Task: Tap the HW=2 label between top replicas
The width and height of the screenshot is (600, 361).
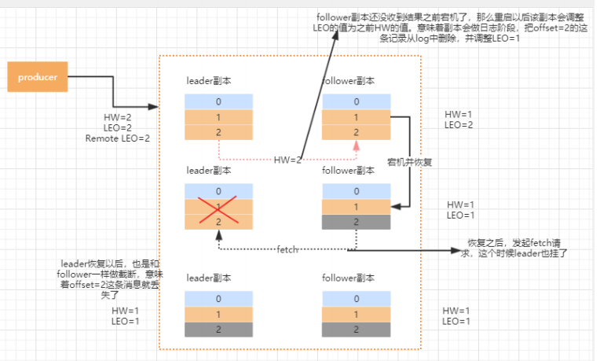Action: click(x=287, y=160)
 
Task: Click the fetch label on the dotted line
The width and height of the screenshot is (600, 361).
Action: click(x=287, y=249)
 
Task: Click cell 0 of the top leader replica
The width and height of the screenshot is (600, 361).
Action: click(x=219, y=101)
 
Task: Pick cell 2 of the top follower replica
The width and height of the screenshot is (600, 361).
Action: click(x=356, y=132)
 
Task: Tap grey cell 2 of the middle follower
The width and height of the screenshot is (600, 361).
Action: click(x=356, y=223)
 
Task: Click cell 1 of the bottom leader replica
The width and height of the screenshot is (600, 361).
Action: click(x=219, y=314)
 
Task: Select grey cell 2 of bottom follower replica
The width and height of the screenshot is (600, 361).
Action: click(x=356, y=329)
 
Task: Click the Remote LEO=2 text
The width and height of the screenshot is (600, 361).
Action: click(x=118, y=138)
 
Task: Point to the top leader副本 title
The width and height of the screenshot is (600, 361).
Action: click(x=209, y=81)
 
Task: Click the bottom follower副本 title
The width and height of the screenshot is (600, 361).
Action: click(x=349, y=278)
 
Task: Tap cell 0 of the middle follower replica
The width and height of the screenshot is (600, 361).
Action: click(x=356, y=191)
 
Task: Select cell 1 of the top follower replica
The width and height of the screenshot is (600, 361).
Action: click(x=356, y=117)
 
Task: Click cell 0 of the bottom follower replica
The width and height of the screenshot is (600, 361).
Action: click(x=356, y=298)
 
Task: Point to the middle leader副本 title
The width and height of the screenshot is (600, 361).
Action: click(x=209, y=170)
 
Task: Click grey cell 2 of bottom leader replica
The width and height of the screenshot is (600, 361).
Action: click(x=219, y=329)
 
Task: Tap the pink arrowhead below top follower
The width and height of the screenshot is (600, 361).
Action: click(x=356, y=146)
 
